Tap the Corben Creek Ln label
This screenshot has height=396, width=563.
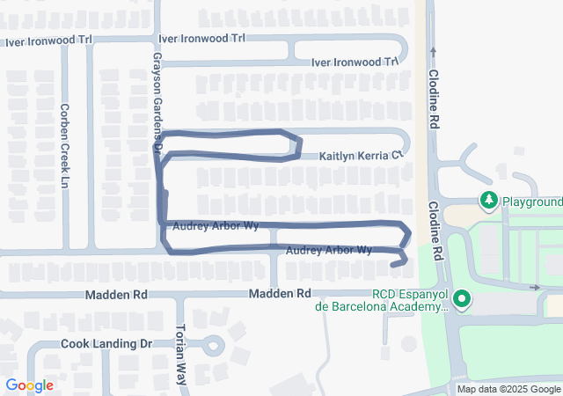point(64,145)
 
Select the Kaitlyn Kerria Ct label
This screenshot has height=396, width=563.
point(360,155)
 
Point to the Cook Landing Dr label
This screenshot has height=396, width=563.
point(107,343)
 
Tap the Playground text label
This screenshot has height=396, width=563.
point(532,202)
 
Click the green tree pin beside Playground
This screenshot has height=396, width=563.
point(489,202)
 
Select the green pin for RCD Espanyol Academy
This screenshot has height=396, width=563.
point(461,301)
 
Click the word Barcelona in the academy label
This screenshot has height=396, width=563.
point(354,306)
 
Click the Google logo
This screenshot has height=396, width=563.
point(29,385)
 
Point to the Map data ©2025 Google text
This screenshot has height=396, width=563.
point(508,389)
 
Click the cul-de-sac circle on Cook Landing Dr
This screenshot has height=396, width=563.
point(211,343)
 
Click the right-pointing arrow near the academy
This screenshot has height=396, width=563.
point(535,288)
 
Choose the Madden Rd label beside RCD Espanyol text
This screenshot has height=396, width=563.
point(280,293)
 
